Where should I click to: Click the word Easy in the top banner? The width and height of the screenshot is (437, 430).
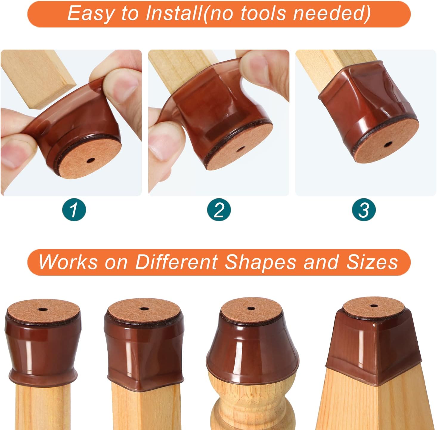pyautogui.click(x=90, y=14)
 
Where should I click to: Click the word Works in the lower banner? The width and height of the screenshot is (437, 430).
pyautogui.click(x=68, y=262)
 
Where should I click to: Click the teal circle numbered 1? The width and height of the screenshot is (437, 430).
pyautogui.click(x=74, y=210)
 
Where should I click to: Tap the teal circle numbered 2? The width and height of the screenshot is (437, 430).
pyautogui.click(x=219, y=210)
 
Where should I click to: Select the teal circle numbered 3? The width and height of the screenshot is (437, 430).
pyautogui.click(x=364, y=210)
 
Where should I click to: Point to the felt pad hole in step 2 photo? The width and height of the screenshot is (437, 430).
pyautogui.click(x=241, y=149)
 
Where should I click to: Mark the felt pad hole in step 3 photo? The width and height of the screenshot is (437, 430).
pyautogui.click(x=388, y=144)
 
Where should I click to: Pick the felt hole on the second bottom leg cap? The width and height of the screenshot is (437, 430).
pyautogui.click(x=143, y=309)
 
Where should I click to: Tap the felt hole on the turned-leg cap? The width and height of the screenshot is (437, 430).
pyautogui.click(x=251, y=308)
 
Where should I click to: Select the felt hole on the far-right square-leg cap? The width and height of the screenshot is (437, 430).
pyautogui.click(x=374, y=306)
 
